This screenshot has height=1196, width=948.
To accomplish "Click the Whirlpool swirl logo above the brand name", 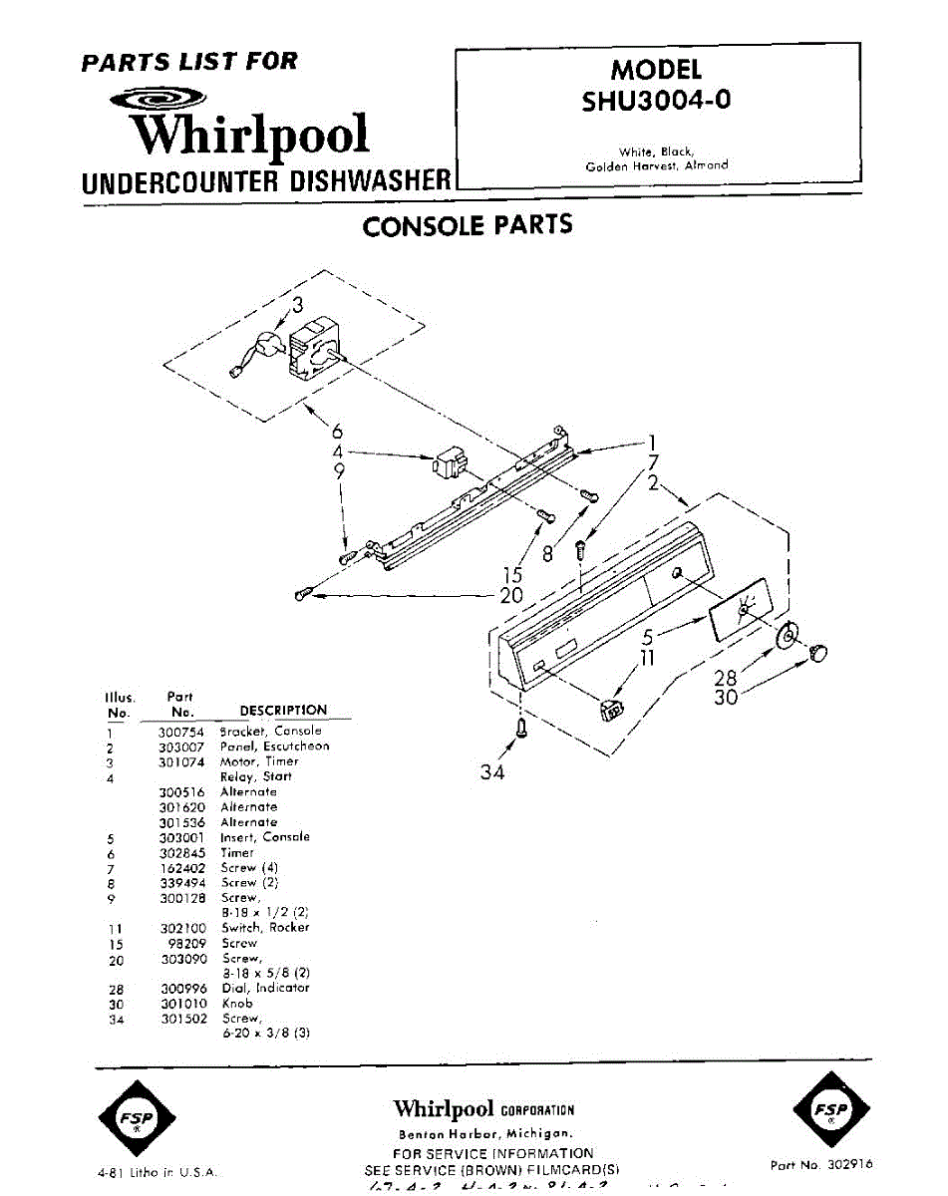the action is point(158,99).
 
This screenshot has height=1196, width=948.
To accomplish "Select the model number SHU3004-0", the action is point(656,101).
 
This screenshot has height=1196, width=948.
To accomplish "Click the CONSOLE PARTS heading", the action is point(468,225).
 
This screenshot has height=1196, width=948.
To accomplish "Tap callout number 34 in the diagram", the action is point(492,771).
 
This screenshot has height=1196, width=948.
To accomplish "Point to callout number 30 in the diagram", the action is point(726,698).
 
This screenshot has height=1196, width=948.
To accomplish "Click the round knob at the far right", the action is point(818,653).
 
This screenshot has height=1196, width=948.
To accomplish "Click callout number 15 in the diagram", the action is point(512,575).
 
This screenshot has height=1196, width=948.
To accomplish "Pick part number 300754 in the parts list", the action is point(181,731).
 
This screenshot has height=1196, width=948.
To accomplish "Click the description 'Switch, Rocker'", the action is point(265,927).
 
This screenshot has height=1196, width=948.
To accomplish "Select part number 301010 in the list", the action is point(181,1003).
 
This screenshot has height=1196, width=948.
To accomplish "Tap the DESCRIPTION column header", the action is point(283,710).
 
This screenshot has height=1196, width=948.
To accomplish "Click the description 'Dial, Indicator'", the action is point(265,988).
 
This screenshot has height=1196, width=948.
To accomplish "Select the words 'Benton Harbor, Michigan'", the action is point(484,1134).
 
